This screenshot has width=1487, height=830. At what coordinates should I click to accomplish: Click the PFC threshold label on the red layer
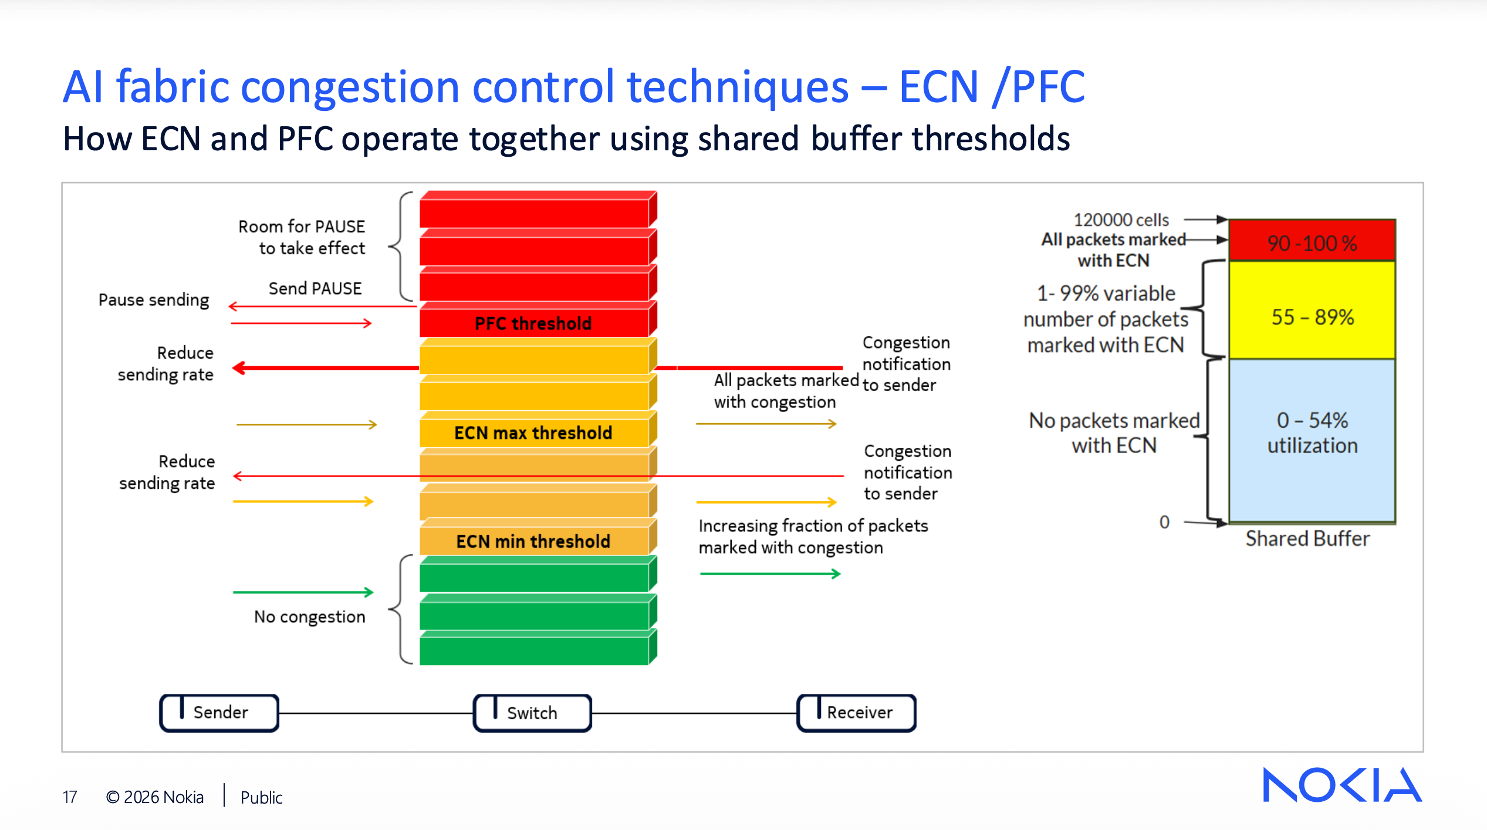[x=533, y=323]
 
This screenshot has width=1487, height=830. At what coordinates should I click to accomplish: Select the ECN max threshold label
[x=533, y=433]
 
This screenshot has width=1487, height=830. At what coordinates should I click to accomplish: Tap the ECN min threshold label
[x=533, y=541]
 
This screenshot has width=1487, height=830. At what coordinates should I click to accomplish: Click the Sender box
[x=219, y=713]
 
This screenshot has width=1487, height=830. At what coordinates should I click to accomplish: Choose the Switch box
[x=532, y=713]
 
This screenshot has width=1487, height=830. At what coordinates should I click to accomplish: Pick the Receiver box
[x=856, y=713]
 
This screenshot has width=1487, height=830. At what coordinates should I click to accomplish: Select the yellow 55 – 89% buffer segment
[x=1312, y=317]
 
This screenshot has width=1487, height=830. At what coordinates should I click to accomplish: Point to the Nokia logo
[x=1341, y=785]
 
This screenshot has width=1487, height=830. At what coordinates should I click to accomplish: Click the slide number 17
[x=70, y=797]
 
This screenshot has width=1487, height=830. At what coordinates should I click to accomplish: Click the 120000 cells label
[x=1121, y=220]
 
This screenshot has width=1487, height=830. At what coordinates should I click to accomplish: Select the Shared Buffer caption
[x=1307, y=539]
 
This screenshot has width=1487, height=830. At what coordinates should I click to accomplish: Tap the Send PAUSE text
[x=315, y=289]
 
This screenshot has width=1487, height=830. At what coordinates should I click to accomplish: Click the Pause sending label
[x=154, y=300]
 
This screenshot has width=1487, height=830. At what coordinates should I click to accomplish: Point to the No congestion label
[x=309, y=617]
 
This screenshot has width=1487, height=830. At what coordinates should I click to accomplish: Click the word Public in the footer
[x=261, y=798]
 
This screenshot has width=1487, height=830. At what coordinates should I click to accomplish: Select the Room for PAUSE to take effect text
[x=302, y=237]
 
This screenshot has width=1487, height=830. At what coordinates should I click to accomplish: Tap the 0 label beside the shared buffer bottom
[x=1164, y=522]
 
